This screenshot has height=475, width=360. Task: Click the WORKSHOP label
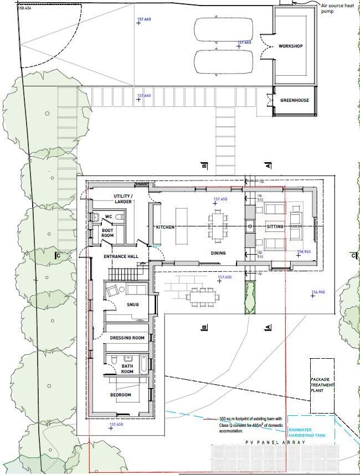coord(290,46)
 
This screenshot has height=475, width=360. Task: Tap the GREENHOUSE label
coord(294,101)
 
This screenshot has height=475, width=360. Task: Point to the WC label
coord(110,216)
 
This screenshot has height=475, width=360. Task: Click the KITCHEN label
coord(165,228)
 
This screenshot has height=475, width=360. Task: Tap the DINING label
coord(218,253)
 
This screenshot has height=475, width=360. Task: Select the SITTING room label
coord(275,227)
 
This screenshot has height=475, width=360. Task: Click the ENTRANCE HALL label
coord(121,257)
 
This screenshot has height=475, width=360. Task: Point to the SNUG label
coord(132,304)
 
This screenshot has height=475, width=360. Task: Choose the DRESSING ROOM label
coord(127,338)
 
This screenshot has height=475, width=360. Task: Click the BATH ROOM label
coord(127,369)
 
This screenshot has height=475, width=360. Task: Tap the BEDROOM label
coord(120,395)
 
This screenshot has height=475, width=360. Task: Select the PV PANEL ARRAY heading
coord(272,443)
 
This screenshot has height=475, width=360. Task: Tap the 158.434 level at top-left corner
coord(25,8)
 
